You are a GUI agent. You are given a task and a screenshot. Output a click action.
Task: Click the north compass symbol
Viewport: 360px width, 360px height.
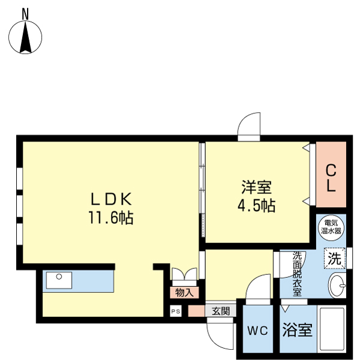(x=25, y=37)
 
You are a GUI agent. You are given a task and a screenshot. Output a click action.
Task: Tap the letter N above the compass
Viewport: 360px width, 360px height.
(x=25, y=13)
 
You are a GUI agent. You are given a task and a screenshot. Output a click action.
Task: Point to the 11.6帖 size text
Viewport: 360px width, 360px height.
(x=111, y=217)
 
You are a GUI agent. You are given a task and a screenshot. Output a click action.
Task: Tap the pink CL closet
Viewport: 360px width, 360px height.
(x=331, y=178)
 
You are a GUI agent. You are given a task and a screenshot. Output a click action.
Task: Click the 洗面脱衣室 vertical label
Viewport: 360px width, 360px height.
(x=297, y=274)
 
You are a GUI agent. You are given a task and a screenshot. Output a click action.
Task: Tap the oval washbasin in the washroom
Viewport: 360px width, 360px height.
(x=337, y=286)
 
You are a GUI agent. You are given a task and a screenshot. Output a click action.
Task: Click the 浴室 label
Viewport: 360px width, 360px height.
(x=297, y=329)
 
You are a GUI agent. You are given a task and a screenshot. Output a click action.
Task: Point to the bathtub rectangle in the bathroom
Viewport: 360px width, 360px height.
(x=331, y=330)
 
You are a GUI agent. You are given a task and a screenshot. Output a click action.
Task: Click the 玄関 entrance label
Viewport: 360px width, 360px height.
(x=220, y=311)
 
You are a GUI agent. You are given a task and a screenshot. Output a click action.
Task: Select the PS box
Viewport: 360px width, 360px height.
(x=175, y=311)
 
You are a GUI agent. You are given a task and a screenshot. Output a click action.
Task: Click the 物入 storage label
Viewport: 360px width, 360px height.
(x=184, y=292)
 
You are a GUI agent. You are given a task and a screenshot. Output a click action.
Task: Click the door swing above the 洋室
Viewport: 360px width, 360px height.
(x=249, y=127)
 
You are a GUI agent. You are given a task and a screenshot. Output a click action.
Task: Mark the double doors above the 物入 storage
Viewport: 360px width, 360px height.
(x=184, y=275)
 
